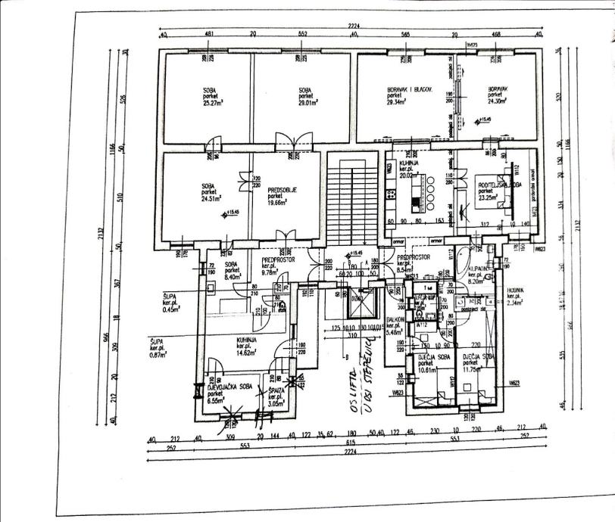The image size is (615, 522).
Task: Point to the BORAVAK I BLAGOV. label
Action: tap(403, 91)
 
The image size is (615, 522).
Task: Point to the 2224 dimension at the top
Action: tap(352, 26)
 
